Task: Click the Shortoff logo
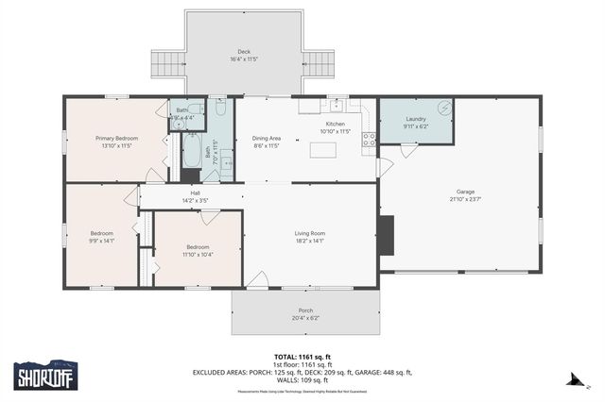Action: click(44, 376)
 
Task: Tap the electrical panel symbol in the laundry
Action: click(444, 107)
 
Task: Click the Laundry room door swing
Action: click(406, 150)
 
